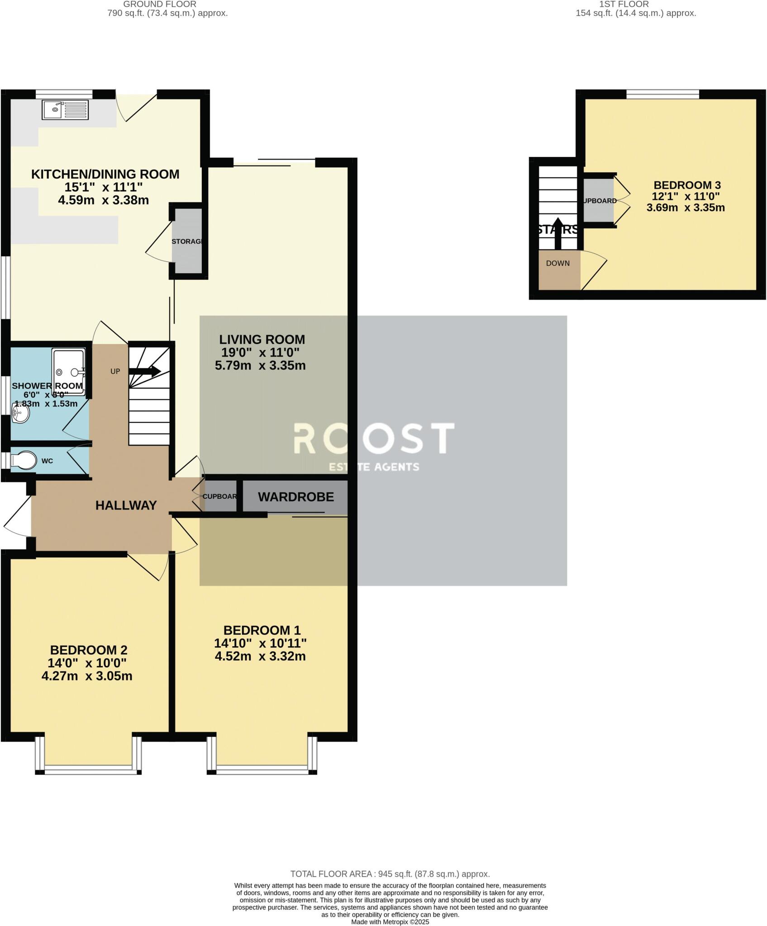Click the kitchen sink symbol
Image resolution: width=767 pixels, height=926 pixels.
[65, 110]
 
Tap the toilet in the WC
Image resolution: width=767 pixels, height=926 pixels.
[24, 460]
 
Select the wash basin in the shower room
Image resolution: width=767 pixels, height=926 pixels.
[20, 413]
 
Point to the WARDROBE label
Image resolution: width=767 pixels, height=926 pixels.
[296, 497]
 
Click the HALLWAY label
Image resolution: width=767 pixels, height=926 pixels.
[126, 506]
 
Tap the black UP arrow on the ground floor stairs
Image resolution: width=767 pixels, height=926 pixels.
[144, 372]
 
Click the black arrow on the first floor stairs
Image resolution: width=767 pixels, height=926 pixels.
[557, 233]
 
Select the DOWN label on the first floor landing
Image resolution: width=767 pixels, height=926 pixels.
[557, 263]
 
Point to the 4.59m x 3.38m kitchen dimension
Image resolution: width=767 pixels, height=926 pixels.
[103, 200]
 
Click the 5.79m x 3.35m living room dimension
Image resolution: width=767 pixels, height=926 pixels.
[260, 365]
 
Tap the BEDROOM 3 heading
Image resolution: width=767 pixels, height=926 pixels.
[687, 185]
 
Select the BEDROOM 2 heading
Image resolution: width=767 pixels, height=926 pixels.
[88, 650]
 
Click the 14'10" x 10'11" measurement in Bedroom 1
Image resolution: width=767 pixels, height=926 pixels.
[260, 643]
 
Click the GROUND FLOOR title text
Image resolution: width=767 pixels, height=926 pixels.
[160, 4]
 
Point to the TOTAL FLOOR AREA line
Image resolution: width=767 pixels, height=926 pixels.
[390, 874]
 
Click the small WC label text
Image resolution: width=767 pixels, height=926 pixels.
[47, 461]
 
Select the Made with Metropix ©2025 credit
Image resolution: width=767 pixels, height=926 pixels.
[390, 922]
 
